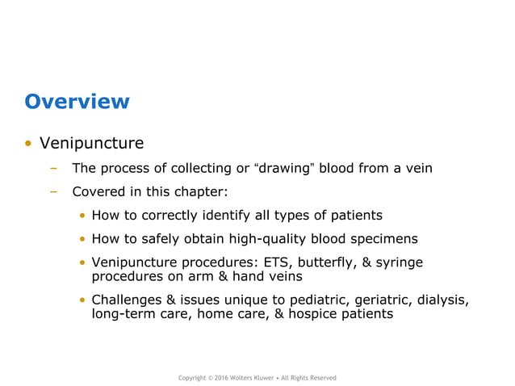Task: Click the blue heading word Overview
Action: (77, 102)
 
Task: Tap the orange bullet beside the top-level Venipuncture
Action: (28, 145)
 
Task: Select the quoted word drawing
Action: (286, 169)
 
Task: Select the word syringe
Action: (398, 262)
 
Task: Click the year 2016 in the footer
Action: (220, 378)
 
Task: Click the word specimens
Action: (386, 239)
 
